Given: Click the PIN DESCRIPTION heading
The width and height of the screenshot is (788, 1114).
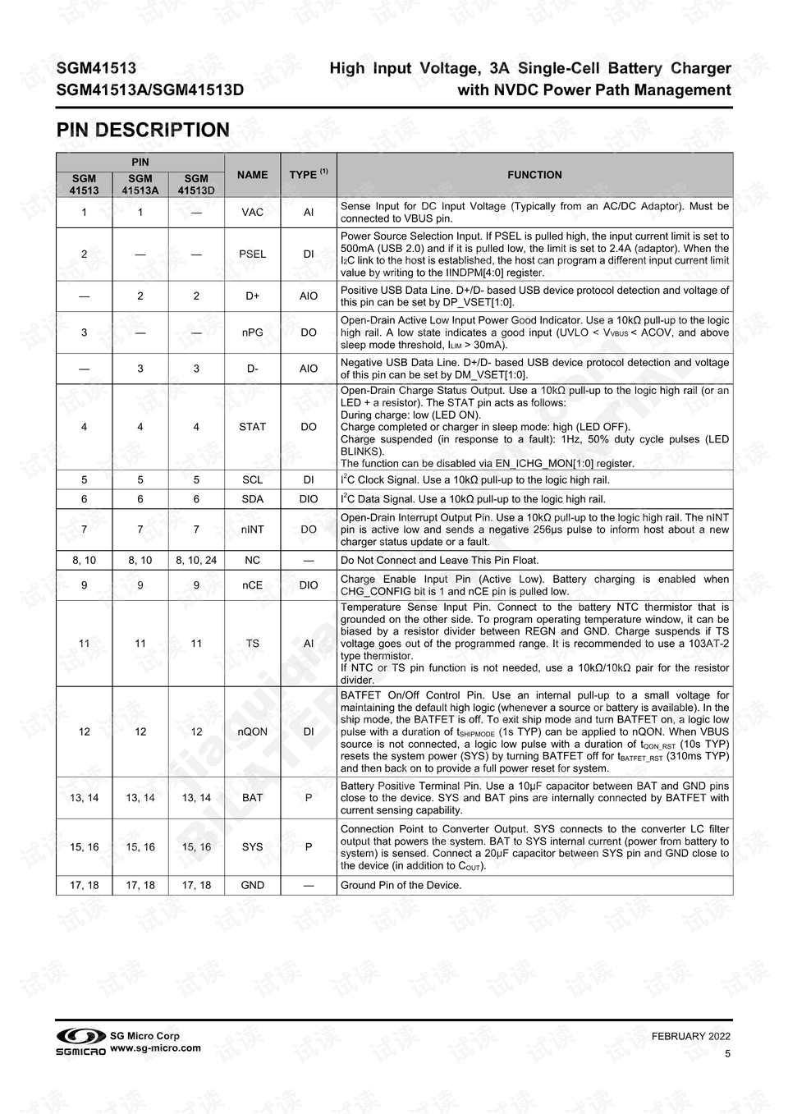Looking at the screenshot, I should click(x=143, y=131).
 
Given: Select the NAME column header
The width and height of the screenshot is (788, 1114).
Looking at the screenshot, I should click(x=252, y=175).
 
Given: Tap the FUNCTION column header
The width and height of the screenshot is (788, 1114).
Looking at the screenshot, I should click(x=534, y=175).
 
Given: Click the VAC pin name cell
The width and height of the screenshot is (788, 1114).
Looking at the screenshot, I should click(x=252, y=213).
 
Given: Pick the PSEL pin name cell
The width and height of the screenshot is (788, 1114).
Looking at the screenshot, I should click(x=252, y=254).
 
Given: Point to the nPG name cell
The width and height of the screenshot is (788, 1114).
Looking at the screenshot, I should click(x=252, y=332).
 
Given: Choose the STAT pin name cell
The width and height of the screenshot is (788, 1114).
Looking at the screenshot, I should click(x=252, y=427).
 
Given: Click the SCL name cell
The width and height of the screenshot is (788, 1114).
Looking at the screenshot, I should click(x=252, y=480).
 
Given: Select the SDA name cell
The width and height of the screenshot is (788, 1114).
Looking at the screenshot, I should click(x=252, y=499).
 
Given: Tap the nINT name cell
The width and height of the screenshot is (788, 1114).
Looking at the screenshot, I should click(x=252, y=529).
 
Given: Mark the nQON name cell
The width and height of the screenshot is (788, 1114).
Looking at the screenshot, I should click(x=252, y=731).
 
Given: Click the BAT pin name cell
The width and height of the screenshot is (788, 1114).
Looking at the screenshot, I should click(x=252, y=798).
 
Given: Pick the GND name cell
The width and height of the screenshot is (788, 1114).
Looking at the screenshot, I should click(x=252, y=885).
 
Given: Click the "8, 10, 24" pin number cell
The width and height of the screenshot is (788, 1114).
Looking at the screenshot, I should click(x=196, y=561).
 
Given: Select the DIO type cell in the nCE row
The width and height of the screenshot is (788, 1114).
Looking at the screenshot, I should click(x=309, y=585).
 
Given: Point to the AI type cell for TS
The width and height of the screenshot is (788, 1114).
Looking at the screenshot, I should click(x=309, y=644).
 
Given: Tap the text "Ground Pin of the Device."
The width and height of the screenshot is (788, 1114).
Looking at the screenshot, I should click(x=401, y=885).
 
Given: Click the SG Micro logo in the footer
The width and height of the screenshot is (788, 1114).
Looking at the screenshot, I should click(x=80, y=1042).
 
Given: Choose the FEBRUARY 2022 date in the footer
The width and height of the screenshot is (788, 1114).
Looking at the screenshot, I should click(x=691, y=1037).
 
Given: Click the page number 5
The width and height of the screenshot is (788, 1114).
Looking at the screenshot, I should click(x=727, y=1054).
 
